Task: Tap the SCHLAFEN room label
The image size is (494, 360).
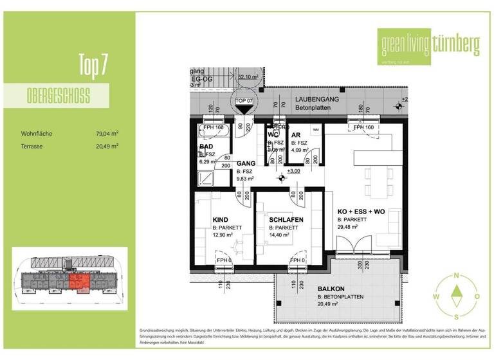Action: [x=286, y=220]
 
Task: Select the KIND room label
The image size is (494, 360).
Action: [x=221, y=220]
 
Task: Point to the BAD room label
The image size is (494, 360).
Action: [x=205, y=147]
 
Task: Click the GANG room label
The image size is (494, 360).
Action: [x=246, y=164]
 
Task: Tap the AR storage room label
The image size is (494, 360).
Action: [x=296, y=136]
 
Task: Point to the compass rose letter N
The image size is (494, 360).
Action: [x=457, y=275]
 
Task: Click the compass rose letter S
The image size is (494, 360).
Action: [x=457, y=316]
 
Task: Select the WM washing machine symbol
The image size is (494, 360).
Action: [x=316, y=130]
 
